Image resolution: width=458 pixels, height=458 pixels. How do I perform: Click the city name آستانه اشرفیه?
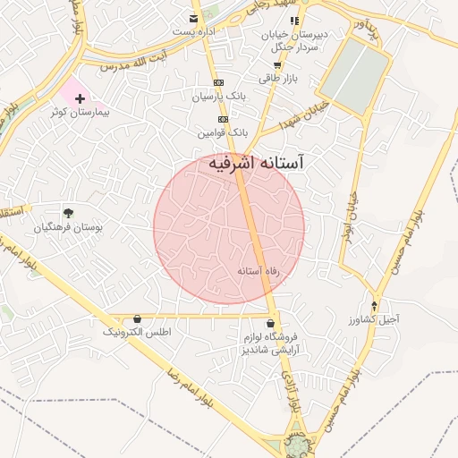pos(256,163)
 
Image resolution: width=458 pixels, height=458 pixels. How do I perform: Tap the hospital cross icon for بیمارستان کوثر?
pos(80,98)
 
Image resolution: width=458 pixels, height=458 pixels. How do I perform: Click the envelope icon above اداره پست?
pos(194,19)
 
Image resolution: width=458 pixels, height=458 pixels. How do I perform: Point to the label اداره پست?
pos(195,32)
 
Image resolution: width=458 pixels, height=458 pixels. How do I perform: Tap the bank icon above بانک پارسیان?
pos(218,81)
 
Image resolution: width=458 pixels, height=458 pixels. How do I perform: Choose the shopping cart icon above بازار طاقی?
pos(277,65)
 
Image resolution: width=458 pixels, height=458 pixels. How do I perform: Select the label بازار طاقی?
pos(277,79)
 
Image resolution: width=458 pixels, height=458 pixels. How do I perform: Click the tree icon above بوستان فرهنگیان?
pos(68,213)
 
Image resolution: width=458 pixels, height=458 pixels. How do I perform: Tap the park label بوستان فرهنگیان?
pos(69,228)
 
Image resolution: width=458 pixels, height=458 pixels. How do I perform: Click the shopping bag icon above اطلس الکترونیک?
pos(137,318)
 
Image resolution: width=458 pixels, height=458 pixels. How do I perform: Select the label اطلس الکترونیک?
pos(137,332)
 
